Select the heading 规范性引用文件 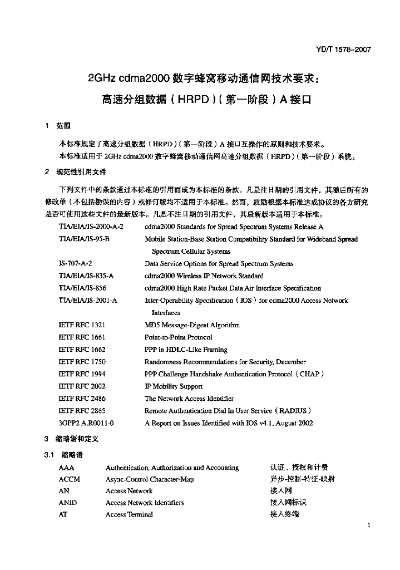click(80, 171)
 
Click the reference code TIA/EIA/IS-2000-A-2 click(91, 227)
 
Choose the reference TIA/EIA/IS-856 click(82, 288)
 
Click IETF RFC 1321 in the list click(82, 325)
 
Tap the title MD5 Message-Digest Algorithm click(192, 325)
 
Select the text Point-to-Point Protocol click(178, 337)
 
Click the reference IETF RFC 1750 click(82, 362)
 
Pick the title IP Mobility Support click(174, 386)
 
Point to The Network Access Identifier click(189, 399)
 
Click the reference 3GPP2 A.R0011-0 click(86, 423)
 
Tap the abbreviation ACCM click(70, 479)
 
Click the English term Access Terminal click(129, 515)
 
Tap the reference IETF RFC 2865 click(82, 411)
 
